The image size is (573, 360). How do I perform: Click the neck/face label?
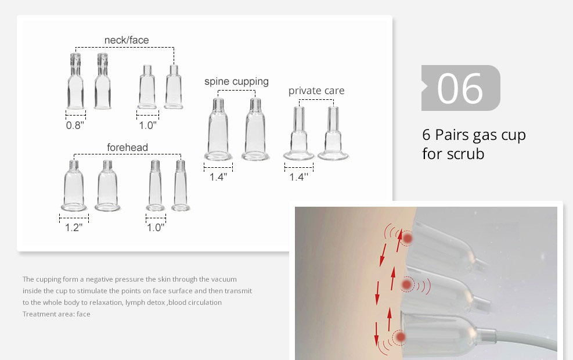click(127, 40)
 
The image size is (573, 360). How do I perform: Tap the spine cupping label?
click(236, 81)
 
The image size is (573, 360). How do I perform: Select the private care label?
click(316, 91)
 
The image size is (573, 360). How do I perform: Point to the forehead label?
click(127, 147)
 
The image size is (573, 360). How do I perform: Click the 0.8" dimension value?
click(75, 125)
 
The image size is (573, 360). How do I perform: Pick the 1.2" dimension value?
click(74, 228)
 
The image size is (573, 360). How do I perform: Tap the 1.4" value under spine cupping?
click(218, 177)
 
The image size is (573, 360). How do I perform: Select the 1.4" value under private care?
click(298, 177)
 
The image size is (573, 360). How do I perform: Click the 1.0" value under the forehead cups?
click(156, 228)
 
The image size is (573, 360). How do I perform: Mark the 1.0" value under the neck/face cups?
click(147, 125)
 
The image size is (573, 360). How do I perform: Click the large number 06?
click(460, 88)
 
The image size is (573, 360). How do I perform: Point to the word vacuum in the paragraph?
click(224, 279)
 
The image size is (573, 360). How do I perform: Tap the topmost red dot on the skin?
click(408, 239)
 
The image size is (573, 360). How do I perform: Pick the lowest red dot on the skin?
click(401, 337)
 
